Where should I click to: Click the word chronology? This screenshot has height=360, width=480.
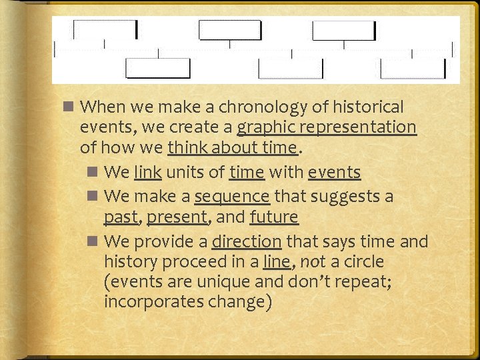coord(237,107)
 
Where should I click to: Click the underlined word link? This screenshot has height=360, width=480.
coord(147,173)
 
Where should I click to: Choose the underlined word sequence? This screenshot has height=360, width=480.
coord(232,197)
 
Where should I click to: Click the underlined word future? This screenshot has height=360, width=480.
coord(274,217)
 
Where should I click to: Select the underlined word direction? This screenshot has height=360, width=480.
coord(247,241)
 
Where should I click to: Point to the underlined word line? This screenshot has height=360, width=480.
coord(276,261)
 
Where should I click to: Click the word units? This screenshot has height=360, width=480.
coord(189,173)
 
